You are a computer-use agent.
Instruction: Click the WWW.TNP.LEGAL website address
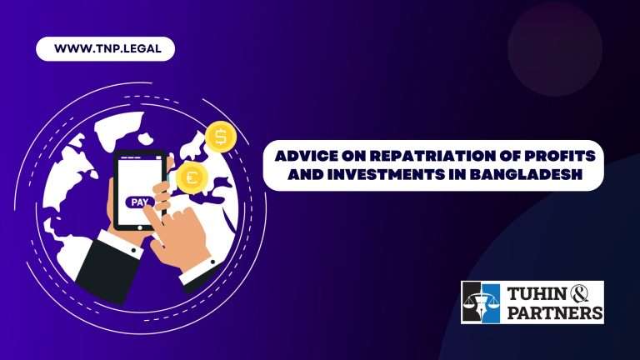[x=107, y=48]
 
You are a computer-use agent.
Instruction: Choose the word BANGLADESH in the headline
[x=525, y=175]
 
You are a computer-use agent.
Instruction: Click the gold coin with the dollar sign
[x=221, y=137]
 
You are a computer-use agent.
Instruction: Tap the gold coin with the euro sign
[x=192, y=177]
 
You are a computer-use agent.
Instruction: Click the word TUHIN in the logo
[x=537, y=294]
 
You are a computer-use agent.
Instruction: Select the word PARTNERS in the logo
[x=555, y=313]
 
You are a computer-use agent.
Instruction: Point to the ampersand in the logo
[x=580, y=293]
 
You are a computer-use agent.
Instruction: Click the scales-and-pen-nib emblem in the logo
[x=481, y=302]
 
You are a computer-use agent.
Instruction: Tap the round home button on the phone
[x=140, y=227]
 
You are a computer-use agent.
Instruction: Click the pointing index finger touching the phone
[x=152, y=216]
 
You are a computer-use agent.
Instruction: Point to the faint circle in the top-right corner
[x=555, y=49]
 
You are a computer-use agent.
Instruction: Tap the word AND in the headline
[x=304, y=175]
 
